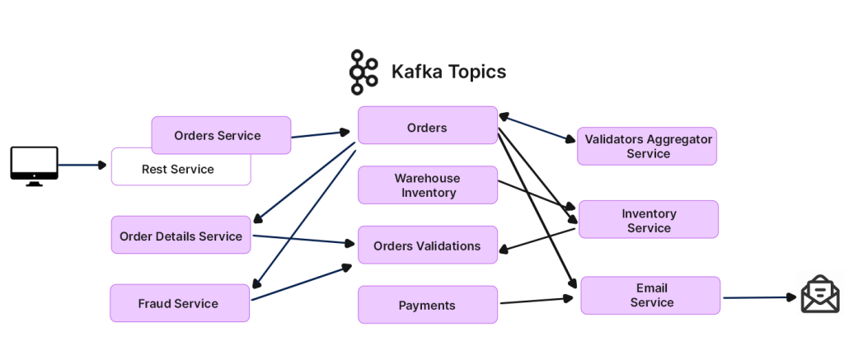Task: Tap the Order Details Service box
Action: tap(181, 236)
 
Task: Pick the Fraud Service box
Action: tap(179, 303)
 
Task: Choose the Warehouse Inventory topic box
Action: tap(427, 185)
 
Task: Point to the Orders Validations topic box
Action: tap(427, 245)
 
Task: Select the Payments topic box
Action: tap(427, 305)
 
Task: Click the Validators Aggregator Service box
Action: tap(648, 147)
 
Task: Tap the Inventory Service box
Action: tap(649, 220)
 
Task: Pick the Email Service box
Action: tap(651, 295)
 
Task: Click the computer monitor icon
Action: tap(34, 165)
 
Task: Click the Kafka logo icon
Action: tap(363, 72)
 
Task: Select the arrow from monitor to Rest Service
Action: tap(82, 165)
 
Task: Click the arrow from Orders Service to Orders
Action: tap(321, 133)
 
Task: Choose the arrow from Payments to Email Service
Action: tap(536, 302)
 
